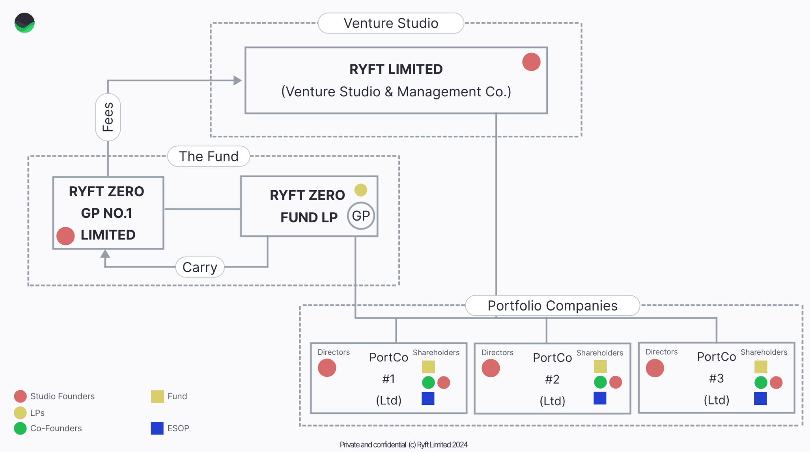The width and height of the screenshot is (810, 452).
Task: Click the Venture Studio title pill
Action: point(391,23)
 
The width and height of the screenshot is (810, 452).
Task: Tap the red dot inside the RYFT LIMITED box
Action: point(531,62)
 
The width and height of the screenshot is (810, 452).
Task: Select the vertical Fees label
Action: point(108,117)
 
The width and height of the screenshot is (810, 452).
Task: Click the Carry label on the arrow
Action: point(200,267)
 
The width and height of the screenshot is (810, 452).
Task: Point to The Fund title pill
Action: point(209,156)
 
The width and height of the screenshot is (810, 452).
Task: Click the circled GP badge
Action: point(361,216)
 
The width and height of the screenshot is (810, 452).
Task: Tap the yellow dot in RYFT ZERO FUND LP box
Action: point(361,190)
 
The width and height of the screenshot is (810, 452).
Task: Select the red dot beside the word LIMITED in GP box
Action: point(65,236)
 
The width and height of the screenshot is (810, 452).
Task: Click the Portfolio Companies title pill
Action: point(552,305)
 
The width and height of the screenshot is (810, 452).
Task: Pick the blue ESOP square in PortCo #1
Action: point(428,398)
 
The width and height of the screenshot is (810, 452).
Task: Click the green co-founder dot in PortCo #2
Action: point(600,382)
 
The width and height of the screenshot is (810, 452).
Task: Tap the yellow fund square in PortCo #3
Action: point(760,367)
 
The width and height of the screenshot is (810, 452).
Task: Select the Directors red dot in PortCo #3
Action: point(655,368)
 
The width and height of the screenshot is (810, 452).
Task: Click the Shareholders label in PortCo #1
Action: point(436,352)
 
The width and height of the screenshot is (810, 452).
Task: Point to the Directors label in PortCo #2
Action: point(497,352)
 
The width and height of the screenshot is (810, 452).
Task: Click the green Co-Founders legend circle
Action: point(20,428)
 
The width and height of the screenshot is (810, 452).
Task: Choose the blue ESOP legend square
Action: point(157,428)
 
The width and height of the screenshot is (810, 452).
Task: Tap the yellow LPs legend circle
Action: point(20,413)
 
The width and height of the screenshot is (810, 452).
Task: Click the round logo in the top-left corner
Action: point(24,23)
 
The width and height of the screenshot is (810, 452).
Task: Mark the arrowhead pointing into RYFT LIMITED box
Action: point(238,80)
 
